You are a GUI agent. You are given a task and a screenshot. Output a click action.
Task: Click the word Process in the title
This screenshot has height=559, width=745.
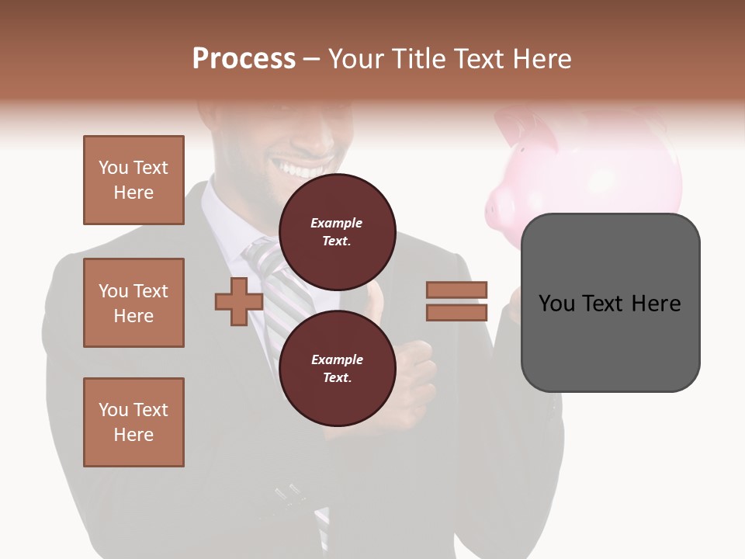[244, 59]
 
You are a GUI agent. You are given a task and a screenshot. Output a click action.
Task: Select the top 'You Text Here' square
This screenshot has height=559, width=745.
[133, 180]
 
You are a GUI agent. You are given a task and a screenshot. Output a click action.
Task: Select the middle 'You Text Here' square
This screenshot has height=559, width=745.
[133, 303]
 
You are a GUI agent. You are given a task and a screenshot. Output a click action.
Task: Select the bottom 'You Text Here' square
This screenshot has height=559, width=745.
[133, 422]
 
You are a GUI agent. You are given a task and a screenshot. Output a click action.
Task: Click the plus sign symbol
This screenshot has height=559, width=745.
[239, 302]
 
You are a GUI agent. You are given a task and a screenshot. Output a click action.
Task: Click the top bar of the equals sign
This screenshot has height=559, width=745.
[456, 290]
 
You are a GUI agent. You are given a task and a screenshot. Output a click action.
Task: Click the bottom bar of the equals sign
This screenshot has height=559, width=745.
[456, 312]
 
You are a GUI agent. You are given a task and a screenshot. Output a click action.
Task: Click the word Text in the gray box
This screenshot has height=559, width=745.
[610, 304]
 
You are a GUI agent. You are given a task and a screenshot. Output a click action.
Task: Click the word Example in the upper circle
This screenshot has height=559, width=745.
[337, 223]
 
